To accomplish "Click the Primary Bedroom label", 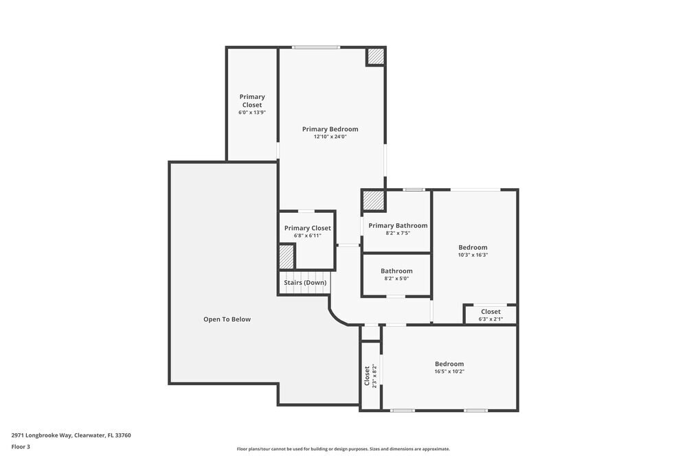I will click(330, 129).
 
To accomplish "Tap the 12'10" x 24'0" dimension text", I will click(330, 137).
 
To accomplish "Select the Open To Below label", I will click(227, 319).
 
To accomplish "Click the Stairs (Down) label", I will click(305, 282).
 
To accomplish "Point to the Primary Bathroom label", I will click(398, 225).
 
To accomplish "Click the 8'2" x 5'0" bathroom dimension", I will click(396, 279).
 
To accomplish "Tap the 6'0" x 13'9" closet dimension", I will click(252, 113).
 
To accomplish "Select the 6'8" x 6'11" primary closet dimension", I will click(307, 236).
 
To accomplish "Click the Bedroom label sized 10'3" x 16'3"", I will click(473, 247).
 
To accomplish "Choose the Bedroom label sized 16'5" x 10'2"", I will click(449, 364).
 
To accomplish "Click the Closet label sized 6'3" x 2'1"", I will click(491, 312).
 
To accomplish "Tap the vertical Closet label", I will click(367, 375).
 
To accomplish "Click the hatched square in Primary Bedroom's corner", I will click(374, 56).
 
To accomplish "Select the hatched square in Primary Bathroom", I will click(373, 201).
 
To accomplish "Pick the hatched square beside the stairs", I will click(286, 257).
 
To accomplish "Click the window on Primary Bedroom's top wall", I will click(315, 47).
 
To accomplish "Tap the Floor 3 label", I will click(21, 446).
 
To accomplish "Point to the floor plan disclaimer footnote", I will click(343, 449).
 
